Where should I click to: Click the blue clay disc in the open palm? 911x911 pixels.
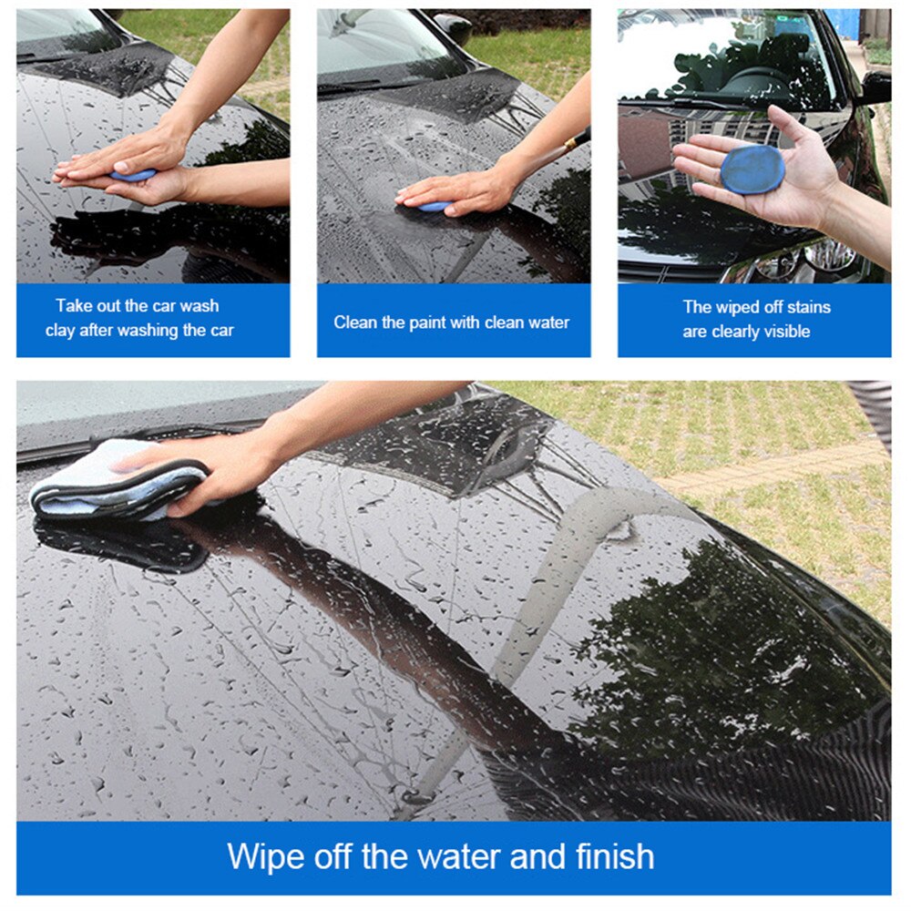pyautogui.click(x=752, y=169)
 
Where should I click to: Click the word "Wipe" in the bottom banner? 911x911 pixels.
pyautogui.click(x=265, y=857)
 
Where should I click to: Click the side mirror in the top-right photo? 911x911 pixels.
pyautogui.click(x=875, y=88)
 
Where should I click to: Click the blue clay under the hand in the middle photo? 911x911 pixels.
pyautogui.click(x=435, y=207)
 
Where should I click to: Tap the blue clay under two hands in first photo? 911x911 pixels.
pyautogui.click(x=133, y=175)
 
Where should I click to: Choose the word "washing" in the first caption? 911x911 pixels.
pyautogui.click(x=149, y=331)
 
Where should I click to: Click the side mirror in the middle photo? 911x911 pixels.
pyautogui.click(x=453, y=26)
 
